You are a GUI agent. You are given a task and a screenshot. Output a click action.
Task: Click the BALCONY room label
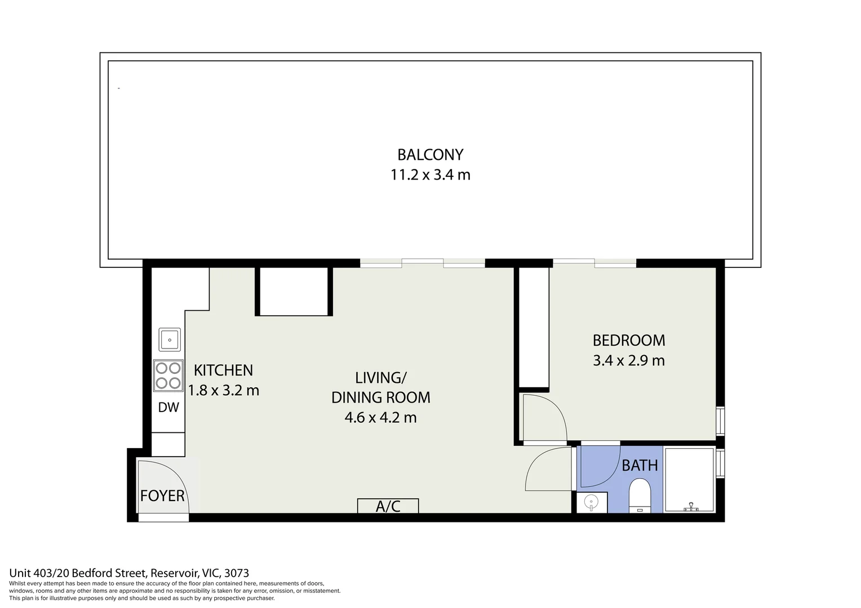point(430,154)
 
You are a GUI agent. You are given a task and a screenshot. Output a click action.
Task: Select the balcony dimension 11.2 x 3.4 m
point(430,175)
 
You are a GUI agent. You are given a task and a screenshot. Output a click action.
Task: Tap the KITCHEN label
point(223,370)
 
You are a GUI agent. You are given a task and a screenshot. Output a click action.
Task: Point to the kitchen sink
point(169,339)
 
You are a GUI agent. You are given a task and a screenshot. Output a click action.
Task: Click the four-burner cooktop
point(168,375)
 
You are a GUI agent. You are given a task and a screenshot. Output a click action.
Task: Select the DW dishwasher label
point(168,408)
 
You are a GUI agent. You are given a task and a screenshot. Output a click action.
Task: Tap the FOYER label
point(162,495)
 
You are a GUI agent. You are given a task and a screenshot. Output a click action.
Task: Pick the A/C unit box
point(388,506)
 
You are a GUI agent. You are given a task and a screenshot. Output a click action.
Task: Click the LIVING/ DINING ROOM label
point(380,387)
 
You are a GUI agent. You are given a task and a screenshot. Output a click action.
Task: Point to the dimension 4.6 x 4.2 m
point(380,418)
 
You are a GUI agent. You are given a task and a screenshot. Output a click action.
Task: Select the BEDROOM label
point(628,340)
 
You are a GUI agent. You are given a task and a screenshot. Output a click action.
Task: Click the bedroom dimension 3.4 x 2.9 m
point(628,360)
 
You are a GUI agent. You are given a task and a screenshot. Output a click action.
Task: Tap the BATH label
point(640,466)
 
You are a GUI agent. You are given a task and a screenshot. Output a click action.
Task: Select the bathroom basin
point(591,502)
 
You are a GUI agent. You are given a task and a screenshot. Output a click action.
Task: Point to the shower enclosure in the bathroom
point(690,480)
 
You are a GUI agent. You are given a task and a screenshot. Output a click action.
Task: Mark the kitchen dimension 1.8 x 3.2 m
point(223,390)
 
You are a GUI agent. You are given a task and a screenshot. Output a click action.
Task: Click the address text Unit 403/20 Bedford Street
point(79,573)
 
